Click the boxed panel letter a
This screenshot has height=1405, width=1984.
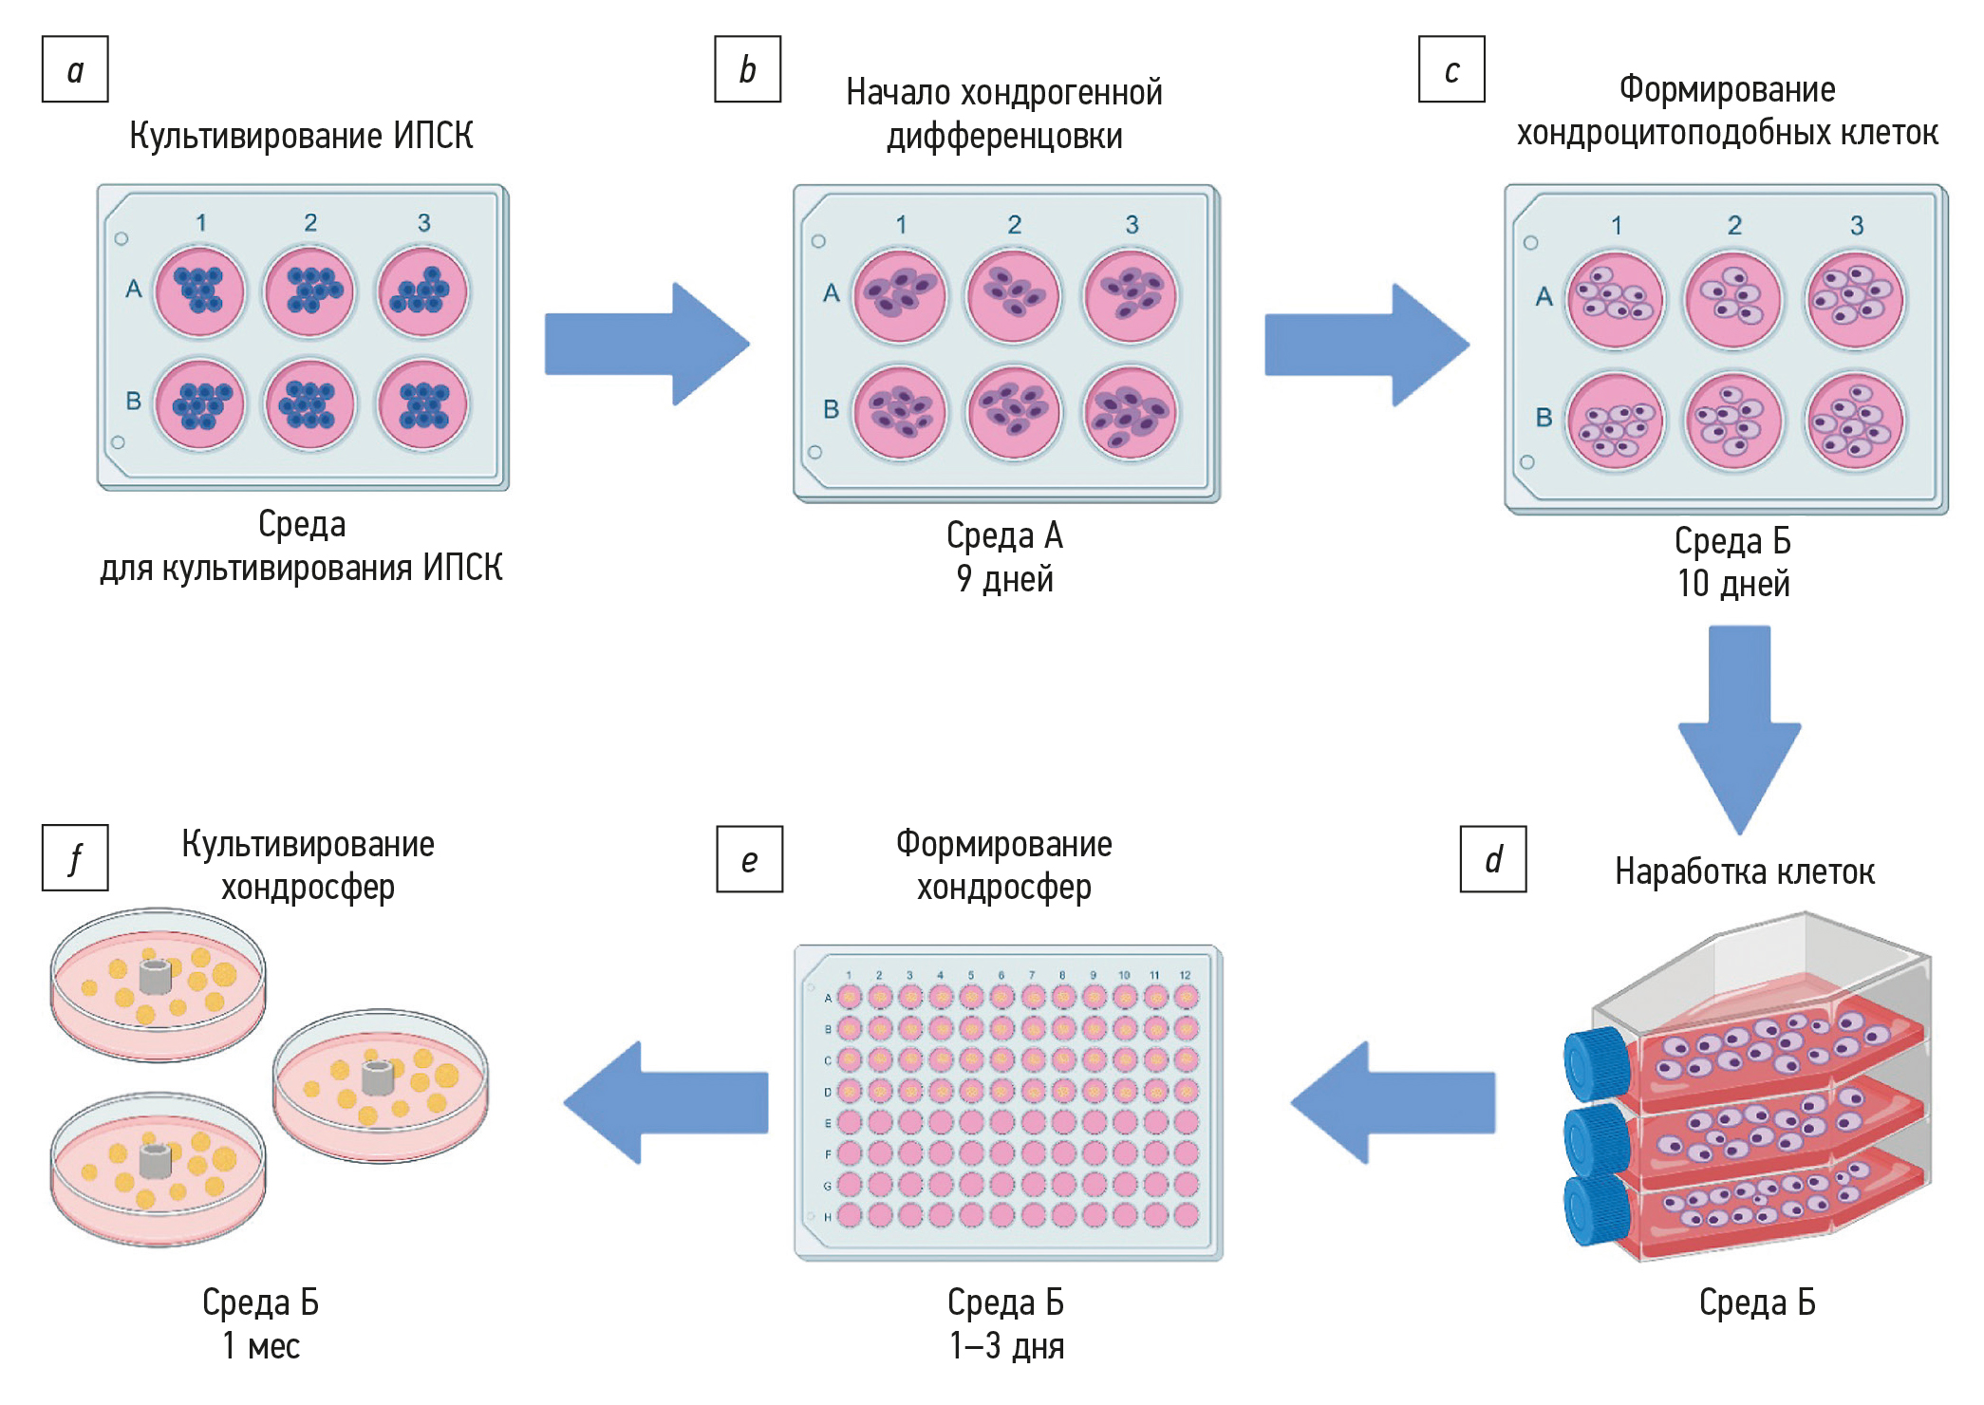(x=75, y=69)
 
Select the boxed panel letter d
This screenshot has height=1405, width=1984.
(x=1492, y=859)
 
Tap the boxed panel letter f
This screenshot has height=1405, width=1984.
(x=75, y=858)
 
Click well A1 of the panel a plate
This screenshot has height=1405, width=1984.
(x=199, y=290)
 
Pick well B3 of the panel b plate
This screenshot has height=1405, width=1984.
(x=1130, y=413)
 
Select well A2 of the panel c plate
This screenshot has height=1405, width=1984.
(x=1733, y=299)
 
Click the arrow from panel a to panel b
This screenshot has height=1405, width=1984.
(x=646, y=344)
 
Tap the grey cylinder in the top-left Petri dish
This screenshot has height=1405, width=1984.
(x=155, y=976)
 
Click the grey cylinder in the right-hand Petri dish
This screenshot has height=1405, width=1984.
(x=378, y=1077)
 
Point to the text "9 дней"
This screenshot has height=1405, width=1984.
(x=1004, y=579)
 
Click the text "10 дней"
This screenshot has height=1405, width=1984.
(x=1733, y=584)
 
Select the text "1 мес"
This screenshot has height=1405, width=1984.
(x=261, y=1346)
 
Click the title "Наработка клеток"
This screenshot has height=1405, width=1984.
(x=1745, y=871)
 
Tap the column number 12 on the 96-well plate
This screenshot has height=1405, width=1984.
(x=1185, y=975)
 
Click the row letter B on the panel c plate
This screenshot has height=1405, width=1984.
(x=1544, y=418)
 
